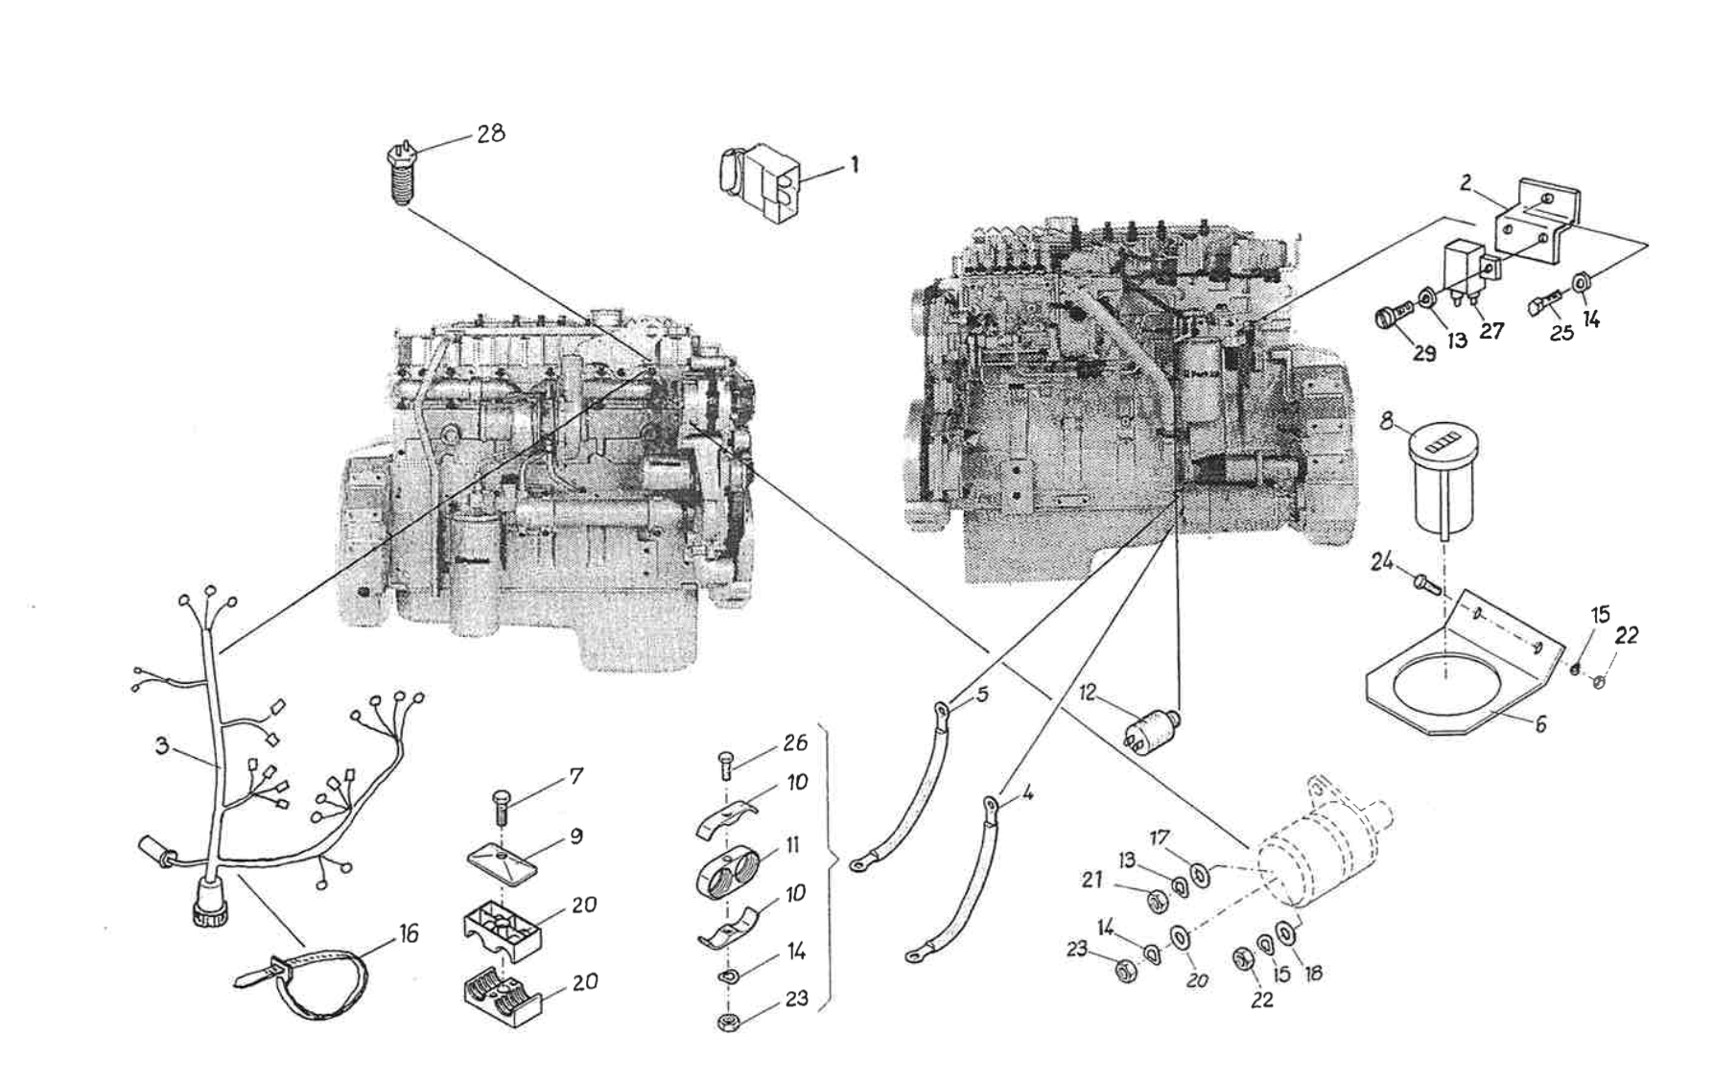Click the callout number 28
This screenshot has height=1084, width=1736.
491,133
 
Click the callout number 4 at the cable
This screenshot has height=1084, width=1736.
1026,795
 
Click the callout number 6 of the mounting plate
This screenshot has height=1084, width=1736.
1539,724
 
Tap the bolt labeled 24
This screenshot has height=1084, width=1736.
1421,581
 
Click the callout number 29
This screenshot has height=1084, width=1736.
1423,354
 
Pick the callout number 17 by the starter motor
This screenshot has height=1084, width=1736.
1160,838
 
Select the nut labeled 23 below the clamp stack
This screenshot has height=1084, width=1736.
730,1022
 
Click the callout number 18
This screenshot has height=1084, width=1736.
1313,972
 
